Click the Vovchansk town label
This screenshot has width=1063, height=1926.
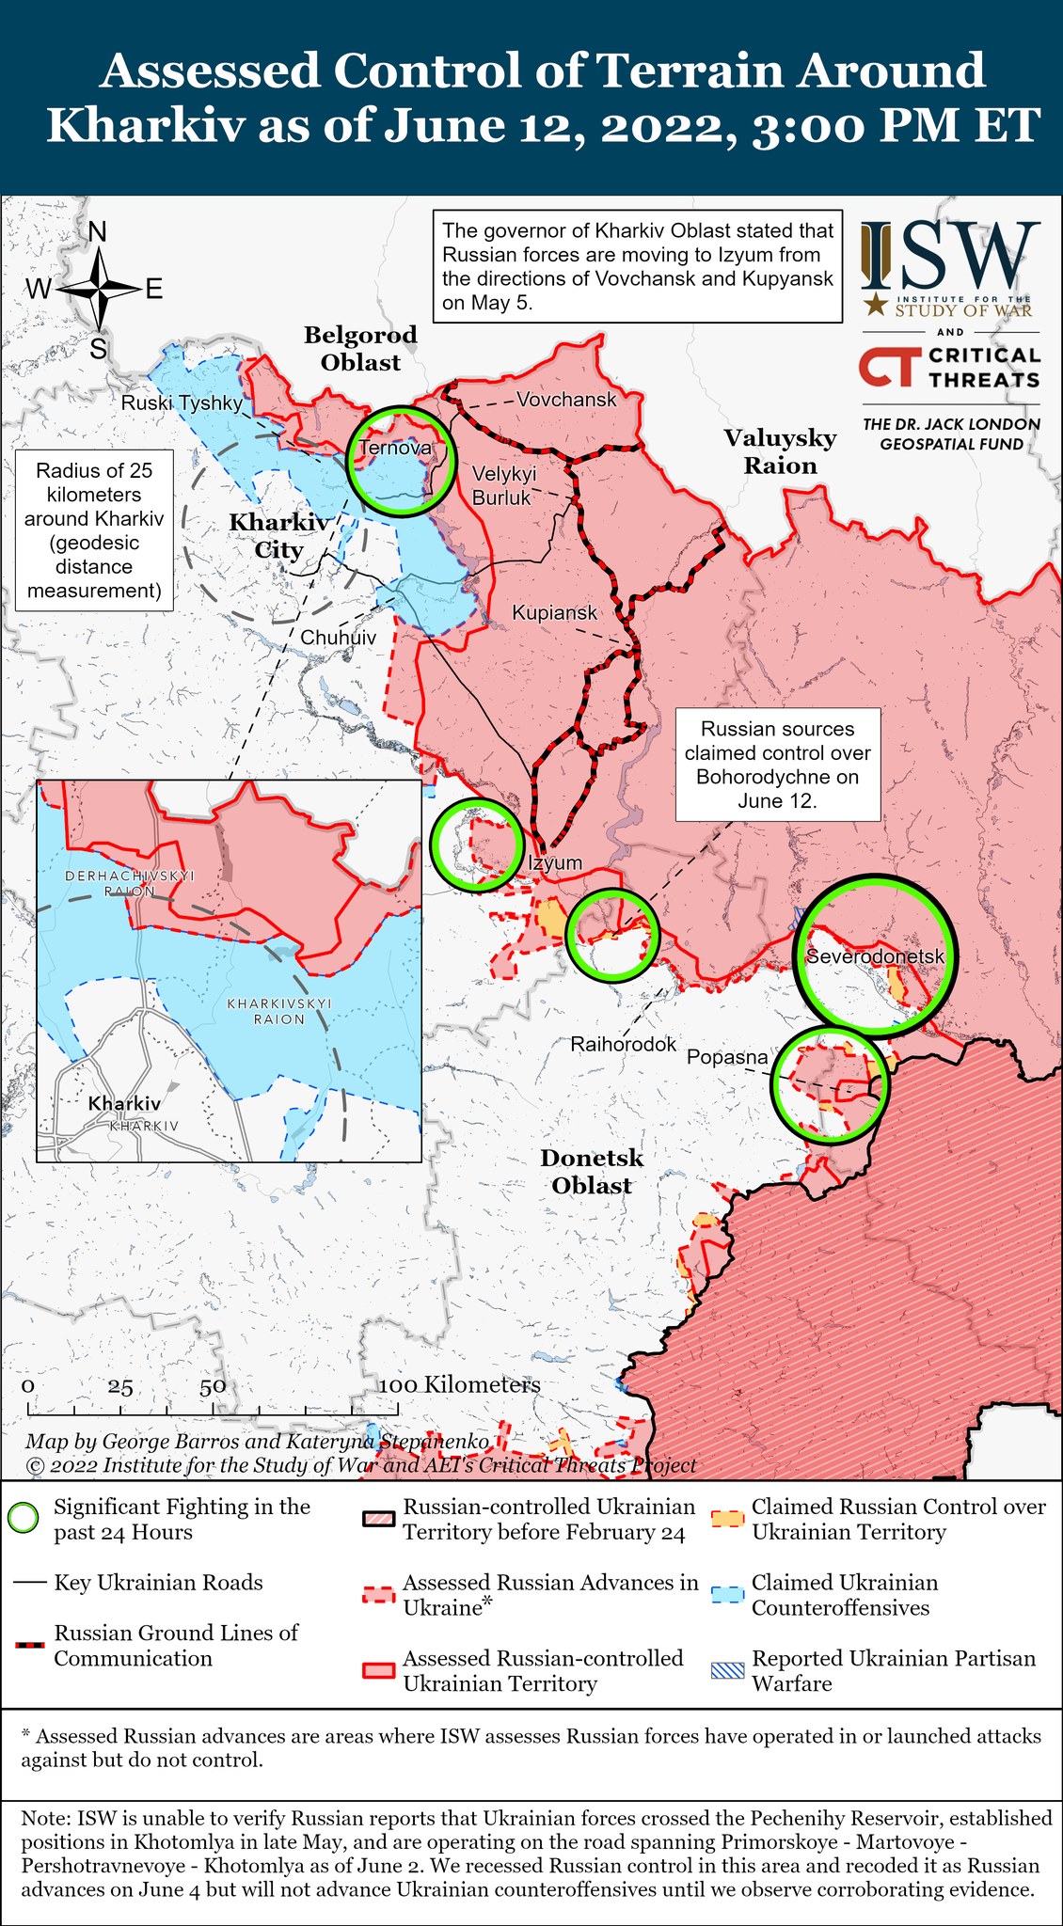coord(566,399)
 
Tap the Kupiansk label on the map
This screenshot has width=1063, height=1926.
coord(554,612)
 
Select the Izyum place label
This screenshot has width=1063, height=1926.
coord(555,862)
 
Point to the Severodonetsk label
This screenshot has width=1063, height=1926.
coord(875,956)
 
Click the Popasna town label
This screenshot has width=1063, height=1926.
coord(727,1057)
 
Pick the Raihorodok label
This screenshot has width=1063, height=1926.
coord(624,1044)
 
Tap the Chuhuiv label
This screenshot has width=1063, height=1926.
coord(338,637)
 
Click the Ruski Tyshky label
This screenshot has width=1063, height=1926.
coord(182,403)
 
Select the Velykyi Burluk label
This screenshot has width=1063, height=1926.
coord(503,485)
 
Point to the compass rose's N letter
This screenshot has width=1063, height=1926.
coord(97,231)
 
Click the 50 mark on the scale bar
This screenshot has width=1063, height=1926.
coord(213,1386)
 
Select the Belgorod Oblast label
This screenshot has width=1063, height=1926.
coord(360,348)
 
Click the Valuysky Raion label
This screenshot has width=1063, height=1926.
coord(780,451)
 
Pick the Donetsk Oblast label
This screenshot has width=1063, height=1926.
coord(592,1171)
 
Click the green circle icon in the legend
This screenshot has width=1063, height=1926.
coord(23,1518)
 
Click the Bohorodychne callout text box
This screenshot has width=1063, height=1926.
coord(777,765)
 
